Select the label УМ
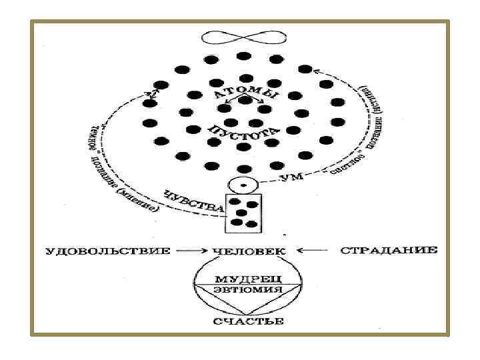[x=287, y=179]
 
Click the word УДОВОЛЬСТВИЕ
[x=107, y=251]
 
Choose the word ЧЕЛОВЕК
[x=249, y=251]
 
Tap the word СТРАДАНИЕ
[x=389, y=251]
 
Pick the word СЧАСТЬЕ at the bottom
[x=248, y=322]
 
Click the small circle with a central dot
[x=243, y=183]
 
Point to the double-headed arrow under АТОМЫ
[x=242, y=103]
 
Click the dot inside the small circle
[x=243, y=183]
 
